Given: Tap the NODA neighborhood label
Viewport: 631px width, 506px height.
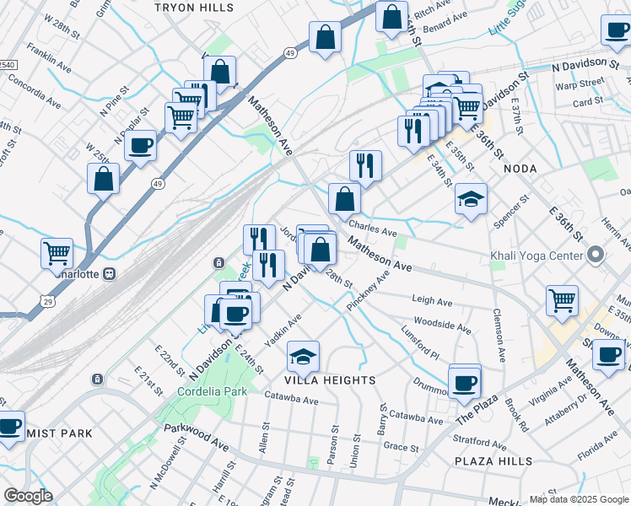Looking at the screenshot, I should click(520, 169).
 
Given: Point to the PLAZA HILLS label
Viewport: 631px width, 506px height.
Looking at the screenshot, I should click(493, 461).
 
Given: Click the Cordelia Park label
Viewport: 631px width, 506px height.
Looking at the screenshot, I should click(211, 391).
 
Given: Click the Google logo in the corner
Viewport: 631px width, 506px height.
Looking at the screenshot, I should click(27, 496).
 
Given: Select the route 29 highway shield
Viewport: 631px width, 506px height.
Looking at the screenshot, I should click(47, 299).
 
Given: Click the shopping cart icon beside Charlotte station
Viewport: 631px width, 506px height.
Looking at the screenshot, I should click(57, 252).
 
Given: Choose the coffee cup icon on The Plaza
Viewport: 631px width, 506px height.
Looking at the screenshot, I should click(464, 383).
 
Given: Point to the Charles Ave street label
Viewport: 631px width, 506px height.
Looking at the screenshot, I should click(372, 229).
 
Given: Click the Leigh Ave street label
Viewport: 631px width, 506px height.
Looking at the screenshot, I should click(432, 300).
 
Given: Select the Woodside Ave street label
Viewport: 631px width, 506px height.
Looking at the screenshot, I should click(441, 325).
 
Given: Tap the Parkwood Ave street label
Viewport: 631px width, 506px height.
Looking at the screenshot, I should click(197, 441).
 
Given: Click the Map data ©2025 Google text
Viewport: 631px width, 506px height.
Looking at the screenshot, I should click(580, 499).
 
